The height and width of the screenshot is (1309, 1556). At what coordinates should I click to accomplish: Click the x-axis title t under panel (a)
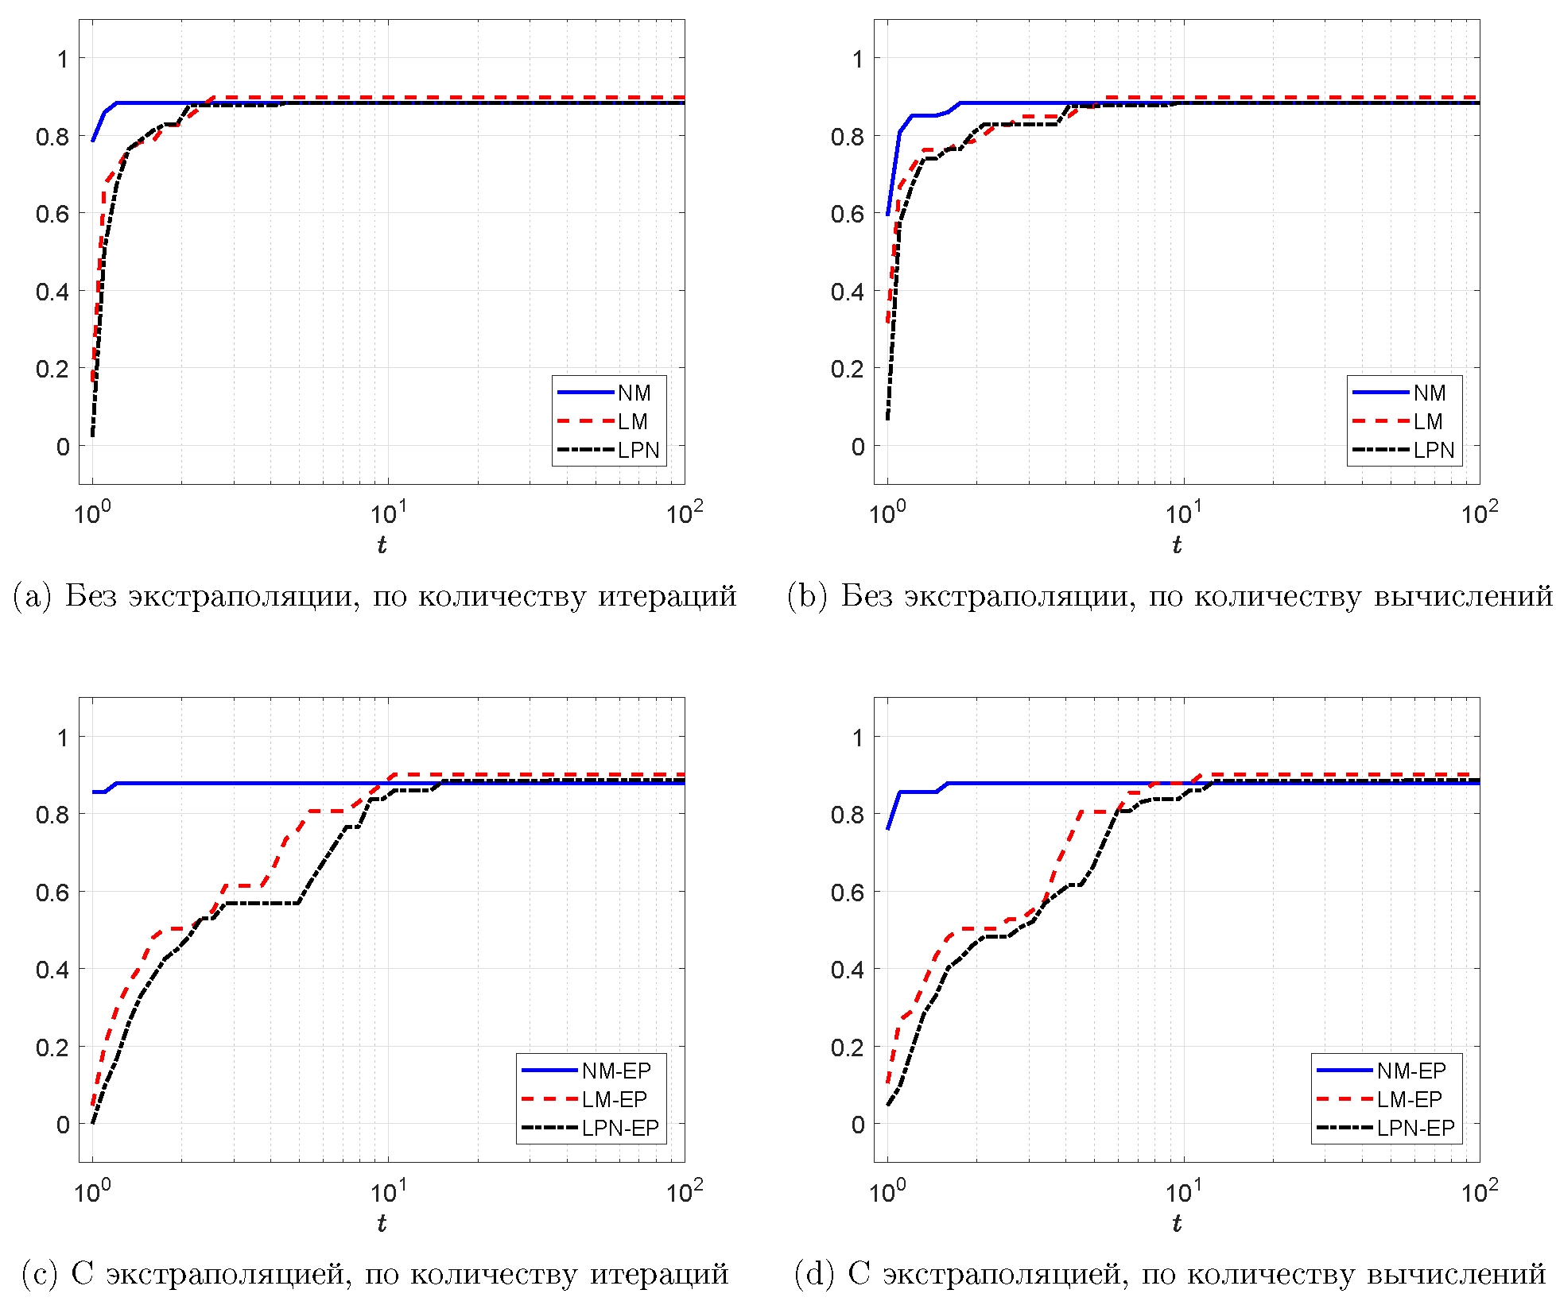[382, 544]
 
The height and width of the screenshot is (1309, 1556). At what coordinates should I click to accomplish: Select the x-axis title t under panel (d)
[1177, 1222]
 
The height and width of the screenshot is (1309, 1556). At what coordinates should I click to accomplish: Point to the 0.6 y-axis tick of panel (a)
[52, 214]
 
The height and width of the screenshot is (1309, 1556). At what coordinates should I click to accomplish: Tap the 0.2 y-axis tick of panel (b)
[848, 369]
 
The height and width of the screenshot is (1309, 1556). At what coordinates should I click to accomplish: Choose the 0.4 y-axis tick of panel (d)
[848, 970]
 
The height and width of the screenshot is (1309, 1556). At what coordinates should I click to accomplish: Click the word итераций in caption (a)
[667, 596]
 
